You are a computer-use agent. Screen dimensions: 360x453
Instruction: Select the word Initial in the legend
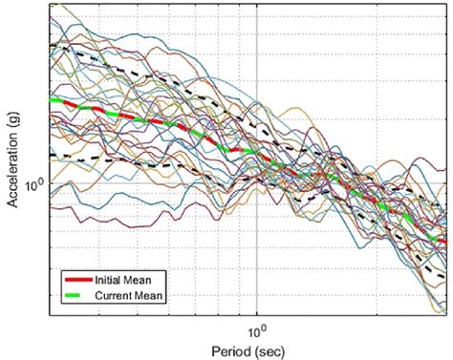point(107,279)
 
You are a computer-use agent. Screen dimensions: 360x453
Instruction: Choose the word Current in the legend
point(112,295)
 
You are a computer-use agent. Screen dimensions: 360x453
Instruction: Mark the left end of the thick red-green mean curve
point(52,98)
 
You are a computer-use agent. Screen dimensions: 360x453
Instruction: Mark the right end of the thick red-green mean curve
point(445,226)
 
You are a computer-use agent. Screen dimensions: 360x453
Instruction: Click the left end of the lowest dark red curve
point(52,204)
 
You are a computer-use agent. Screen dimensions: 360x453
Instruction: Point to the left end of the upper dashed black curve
point(52,46)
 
